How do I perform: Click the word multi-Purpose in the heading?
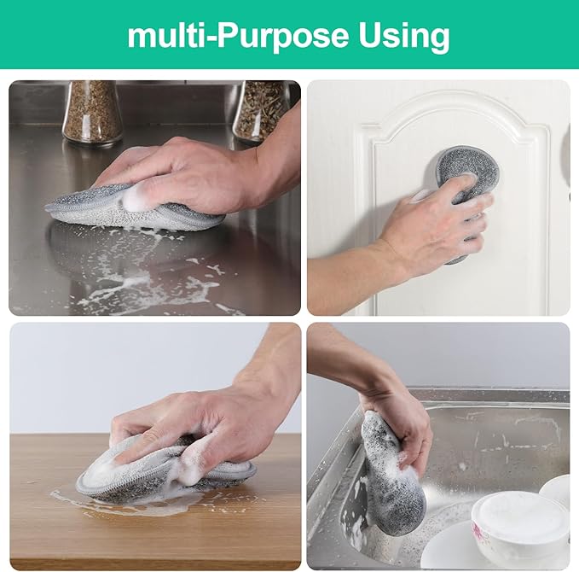(236, 36)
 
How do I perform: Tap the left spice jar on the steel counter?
(91, 111)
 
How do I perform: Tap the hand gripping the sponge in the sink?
(397, 410)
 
